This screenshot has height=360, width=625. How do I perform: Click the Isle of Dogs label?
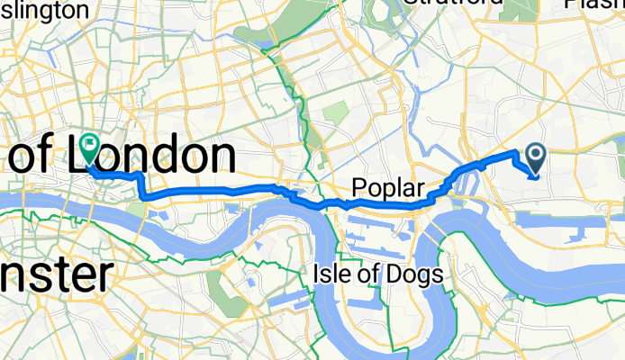click(x=377, y=274)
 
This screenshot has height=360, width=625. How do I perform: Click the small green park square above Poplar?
click(x=335, y=114)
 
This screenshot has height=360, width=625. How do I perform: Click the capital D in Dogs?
click(x=399, y=274)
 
